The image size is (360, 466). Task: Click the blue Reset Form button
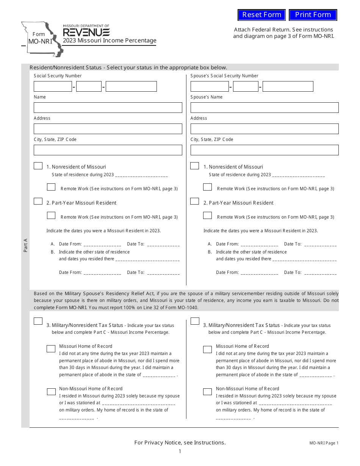[261, 15]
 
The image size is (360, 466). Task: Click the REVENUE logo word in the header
[86, 32]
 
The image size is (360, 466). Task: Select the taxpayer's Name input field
[108, 108]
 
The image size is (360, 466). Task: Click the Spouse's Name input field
[265, 108]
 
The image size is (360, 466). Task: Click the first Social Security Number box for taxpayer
[53, 86]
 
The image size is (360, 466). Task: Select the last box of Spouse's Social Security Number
[288, 86]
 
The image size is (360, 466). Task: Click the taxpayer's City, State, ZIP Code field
[108, 150]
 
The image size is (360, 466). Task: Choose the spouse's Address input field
[265, 129]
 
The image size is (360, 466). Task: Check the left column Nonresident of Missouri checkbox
[38, 166]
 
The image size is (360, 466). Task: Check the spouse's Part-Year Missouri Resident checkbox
[194, 201]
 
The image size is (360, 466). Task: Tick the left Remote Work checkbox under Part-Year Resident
[51, 216]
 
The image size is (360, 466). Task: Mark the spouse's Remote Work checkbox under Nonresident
[207, 187]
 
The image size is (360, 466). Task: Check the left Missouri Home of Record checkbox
[51, 349]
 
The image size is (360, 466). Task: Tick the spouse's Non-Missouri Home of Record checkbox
[207, 392]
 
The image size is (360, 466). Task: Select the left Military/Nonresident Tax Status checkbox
[38, 321]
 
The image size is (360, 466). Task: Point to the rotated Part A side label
[25, 245]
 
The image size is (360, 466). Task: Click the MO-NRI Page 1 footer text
[324, 443]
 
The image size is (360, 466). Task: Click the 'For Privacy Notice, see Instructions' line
[180, 443]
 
